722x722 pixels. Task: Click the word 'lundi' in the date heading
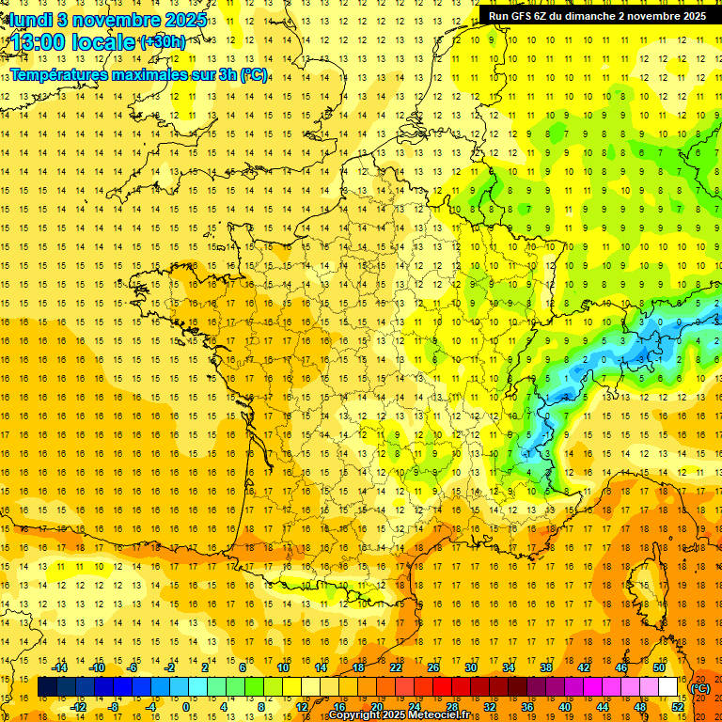click(30, 19)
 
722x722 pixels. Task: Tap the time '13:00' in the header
click(39, 42)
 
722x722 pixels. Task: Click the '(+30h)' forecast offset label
click(162, 42)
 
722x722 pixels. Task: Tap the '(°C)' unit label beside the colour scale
click(700, 688)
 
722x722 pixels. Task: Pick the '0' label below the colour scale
click(185, 707)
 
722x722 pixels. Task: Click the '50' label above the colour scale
click(659, 667)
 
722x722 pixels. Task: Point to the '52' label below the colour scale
click(678, 707)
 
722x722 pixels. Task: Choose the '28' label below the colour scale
click(451, 707)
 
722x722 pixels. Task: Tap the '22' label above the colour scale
click(396, 667)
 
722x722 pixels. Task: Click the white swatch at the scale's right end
click(668, 687)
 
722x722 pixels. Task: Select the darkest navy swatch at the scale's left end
click(47, 687)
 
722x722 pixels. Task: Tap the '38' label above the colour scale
click(546, 667)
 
